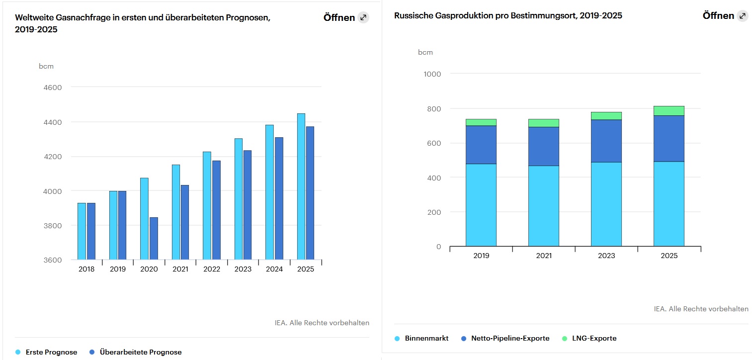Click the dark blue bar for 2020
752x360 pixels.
154,238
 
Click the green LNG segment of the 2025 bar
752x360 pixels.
668,110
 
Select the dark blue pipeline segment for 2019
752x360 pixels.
481,145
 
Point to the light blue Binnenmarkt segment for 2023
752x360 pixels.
606,204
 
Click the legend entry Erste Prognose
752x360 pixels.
51,352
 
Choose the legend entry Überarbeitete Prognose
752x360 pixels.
141,352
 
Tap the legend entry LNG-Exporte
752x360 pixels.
594,338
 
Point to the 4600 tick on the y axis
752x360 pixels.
53,88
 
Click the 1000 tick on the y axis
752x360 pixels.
432,74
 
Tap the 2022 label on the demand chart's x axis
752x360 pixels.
212,269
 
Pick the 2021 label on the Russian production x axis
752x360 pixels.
544,256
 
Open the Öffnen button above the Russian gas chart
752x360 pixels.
718,16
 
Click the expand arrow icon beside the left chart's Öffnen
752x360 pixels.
363,18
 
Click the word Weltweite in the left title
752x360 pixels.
31,17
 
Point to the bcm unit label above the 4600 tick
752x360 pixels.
46,66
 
